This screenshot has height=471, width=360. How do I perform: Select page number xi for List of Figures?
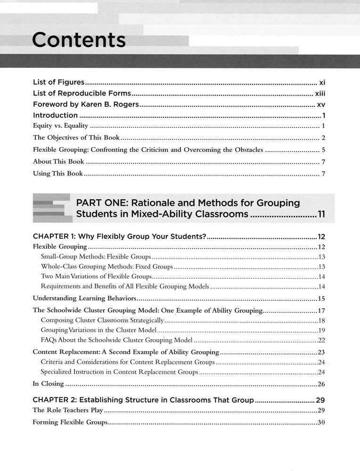click(x=322, y=81)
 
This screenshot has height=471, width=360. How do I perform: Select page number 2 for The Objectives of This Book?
click(x=324, y=138)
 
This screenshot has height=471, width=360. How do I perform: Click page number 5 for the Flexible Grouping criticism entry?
click(x=324, y=150)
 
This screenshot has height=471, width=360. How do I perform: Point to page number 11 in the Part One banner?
click(x=321, y=215)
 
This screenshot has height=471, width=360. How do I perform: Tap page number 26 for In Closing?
click(x=322, y=384)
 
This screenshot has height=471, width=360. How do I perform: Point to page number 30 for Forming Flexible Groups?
click(x=322, y=422)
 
